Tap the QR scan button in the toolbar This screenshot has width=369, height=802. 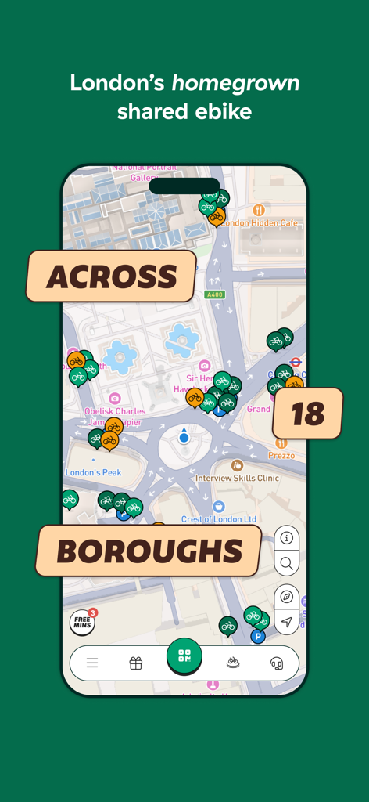point(184,656)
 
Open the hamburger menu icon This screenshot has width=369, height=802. point(92,663)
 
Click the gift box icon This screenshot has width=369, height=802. point(136,663)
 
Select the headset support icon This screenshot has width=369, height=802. point(276,663)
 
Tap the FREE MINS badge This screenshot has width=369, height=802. point(82,623)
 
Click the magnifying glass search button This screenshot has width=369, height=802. point(287,563)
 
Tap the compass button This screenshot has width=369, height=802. point(287,597)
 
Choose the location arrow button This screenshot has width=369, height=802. point(287,623)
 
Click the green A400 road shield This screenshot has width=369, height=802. point(214,294)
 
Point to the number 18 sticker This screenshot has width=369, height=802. point(308,414)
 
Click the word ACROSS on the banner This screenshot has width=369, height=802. point(111,276)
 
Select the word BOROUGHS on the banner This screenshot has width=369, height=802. point(149,551)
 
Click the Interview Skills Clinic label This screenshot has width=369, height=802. point(237,478)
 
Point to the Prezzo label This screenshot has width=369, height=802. point(281,455)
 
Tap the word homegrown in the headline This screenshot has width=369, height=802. point(235,83)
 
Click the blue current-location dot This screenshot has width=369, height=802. point(184,438)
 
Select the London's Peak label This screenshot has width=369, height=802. point(94,472)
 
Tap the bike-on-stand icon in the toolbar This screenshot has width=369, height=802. point(232,663)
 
